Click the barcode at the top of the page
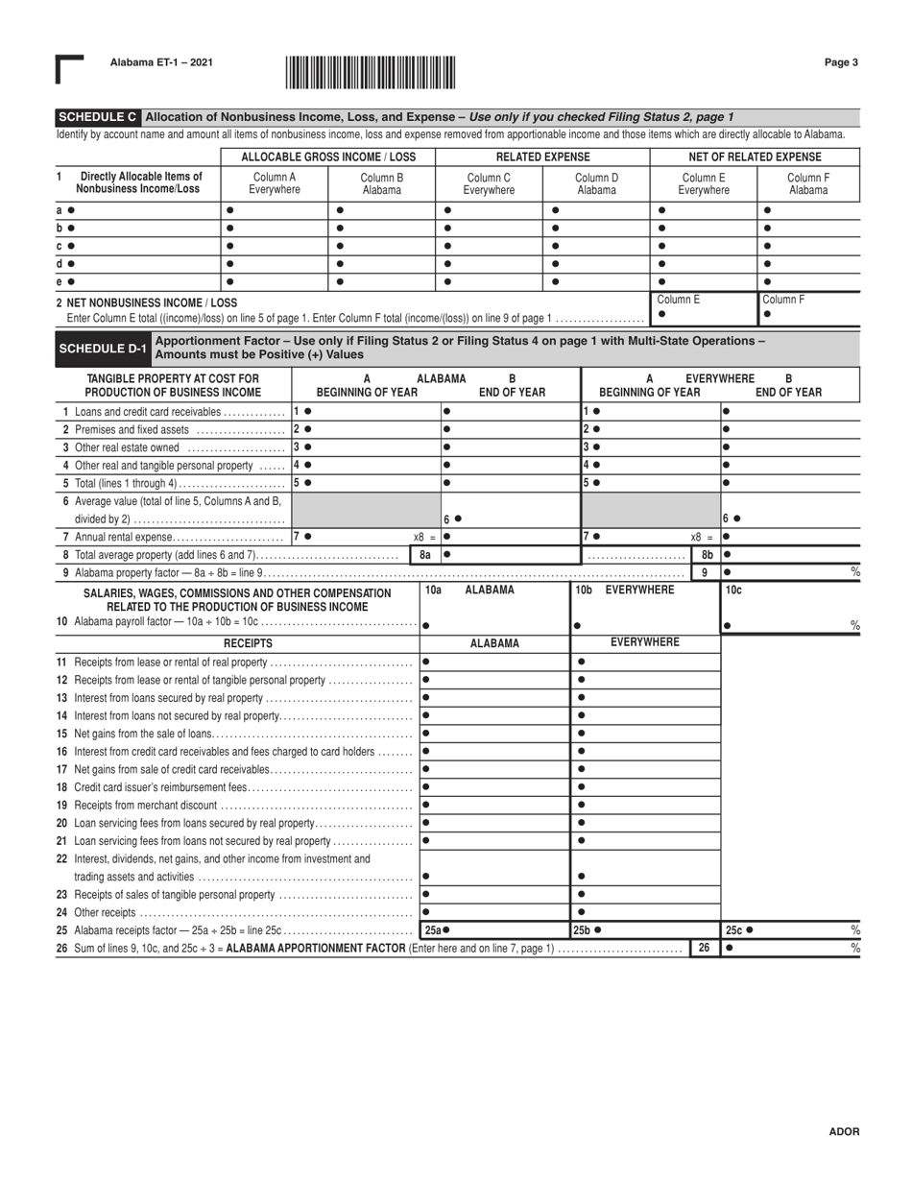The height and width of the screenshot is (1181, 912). tap(371, 73)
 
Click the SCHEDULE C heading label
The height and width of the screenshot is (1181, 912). tap(97, 116)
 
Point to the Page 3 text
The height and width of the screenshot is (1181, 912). tap(840, 63)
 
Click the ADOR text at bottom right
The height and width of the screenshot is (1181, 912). tap(844, 1132)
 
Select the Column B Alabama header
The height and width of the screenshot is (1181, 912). tap(381, 182)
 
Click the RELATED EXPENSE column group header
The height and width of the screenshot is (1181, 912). tap(542, 157)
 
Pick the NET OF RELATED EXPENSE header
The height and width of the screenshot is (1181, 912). tap(756, 157)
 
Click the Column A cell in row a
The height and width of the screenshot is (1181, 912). tap(274, 209)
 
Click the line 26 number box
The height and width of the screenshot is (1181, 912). tap(704, 948)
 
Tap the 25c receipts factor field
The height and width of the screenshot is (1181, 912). tap(789, 929)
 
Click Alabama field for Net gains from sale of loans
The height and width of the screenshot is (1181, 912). tap(494, 733)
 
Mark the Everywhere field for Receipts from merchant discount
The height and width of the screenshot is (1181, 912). tap(645, 804)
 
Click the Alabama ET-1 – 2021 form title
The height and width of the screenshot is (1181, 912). tap(161, 63)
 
